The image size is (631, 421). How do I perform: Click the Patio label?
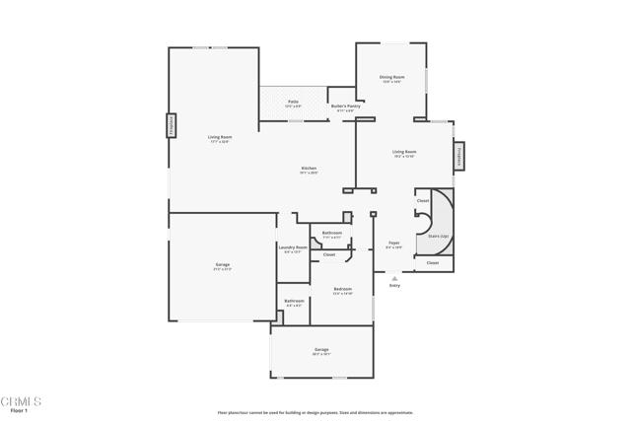click(293, 102)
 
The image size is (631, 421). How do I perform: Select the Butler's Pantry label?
click(342, 106)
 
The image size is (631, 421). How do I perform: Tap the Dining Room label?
click(391, 78)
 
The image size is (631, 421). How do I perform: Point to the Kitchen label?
click(309, 169)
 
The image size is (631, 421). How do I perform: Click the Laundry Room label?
click(293, 247)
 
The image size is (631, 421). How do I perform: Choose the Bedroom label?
click(342, 290)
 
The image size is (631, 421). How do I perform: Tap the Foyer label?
click(393, 243)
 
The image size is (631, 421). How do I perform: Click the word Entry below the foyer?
click(394, 285)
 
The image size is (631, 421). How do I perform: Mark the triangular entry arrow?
click(394, 278)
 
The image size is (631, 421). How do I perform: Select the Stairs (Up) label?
click(439, 237)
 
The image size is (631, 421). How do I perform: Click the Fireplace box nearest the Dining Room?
click(458, 155)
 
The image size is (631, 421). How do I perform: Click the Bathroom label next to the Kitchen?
click(331, 234)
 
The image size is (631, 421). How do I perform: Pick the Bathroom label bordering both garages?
click(294, 302)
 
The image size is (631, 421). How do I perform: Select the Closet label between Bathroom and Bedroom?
click(329, 254)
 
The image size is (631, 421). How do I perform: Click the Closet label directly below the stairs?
click(432, 263)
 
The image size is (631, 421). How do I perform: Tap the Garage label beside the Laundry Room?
click(223, 266)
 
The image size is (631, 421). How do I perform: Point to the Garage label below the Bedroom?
click(321, 350)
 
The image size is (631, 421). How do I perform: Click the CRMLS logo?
click(22, 402)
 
